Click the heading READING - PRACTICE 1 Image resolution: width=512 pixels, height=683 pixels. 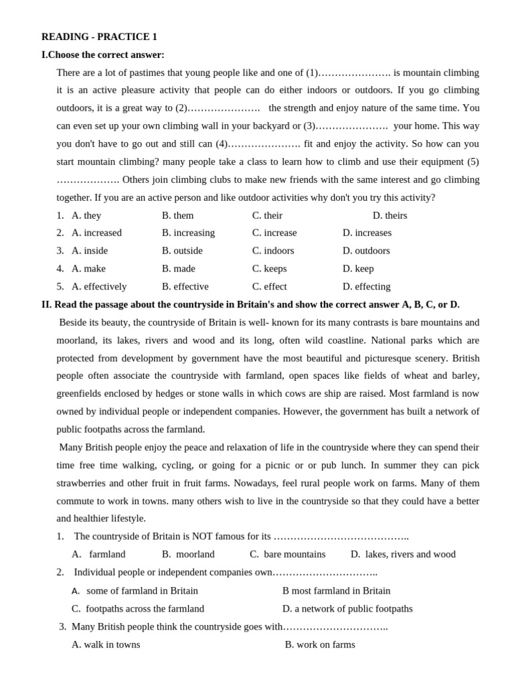99,37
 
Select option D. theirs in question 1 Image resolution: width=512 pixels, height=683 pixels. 390,215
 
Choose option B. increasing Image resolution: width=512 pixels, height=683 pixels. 188,233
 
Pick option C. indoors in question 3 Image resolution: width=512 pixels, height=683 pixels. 273,251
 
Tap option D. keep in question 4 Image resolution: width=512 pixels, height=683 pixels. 358,269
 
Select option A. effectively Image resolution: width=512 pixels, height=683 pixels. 99,287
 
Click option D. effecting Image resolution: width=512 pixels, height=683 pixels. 366,287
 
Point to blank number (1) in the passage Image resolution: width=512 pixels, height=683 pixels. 348,73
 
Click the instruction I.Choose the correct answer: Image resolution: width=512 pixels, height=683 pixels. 103,55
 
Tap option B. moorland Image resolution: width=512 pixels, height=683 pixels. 188,554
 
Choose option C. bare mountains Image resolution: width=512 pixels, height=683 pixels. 287,554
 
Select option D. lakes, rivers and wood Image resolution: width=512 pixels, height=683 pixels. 403,554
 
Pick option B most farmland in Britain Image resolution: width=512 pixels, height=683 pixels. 336,591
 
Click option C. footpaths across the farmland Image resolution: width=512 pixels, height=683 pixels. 138,609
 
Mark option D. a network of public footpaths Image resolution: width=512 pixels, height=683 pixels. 347,609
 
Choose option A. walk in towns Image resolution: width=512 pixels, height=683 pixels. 106,645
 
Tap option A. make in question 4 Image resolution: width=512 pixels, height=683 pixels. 88,269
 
